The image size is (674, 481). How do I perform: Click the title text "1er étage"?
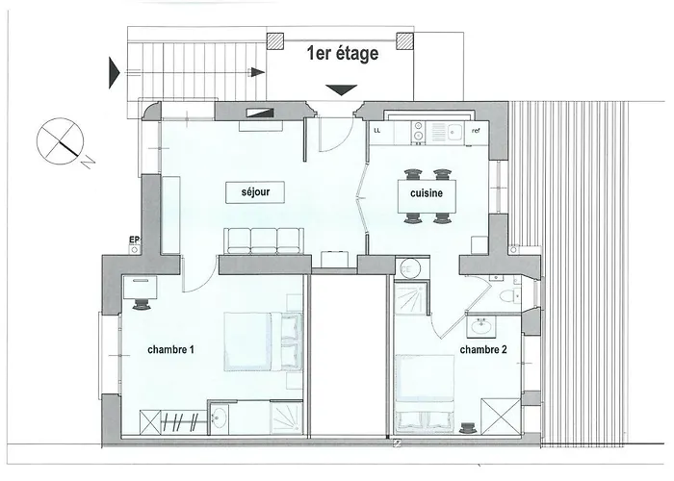click(x=342, y=54)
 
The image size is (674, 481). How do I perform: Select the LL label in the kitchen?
click(x=377, y=128)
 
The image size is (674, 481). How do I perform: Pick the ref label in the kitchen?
click(x=475, y=129)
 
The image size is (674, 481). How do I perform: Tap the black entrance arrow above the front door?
click(x=338, y=90)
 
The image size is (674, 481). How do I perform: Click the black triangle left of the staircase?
click(x=115, y=70)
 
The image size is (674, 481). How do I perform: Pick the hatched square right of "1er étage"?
click(x=406, y=41)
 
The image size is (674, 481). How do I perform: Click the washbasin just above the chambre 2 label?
click(x=478, y=327)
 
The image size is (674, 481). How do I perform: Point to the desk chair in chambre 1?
click(x=143, y=302)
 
